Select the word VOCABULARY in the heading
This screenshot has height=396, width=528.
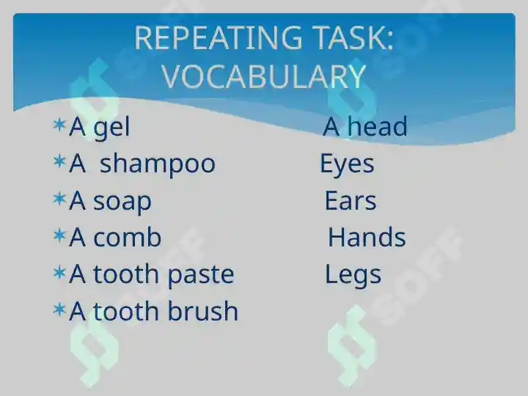point(264,76)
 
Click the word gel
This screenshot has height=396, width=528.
point(111,128)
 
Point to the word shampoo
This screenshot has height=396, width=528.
point(157,165)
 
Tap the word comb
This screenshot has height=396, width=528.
point(128,237)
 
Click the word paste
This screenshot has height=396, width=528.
point(201,275)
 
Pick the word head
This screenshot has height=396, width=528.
point(377,126)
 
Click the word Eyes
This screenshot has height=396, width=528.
point(347,164)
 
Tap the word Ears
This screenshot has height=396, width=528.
point(351,201)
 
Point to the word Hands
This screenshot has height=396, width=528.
point(367,237)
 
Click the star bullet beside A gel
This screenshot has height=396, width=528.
point(59,125)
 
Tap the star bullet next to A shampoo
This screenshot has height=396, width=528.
point(59,161)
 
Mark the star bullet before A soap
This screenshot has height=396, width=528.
point(59,198)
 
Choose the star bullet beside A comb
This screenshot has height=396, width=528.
point(59,235)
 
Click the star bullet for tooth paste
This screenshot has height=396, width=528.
point(59,272)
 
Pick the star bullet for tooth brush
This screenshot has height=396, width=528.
point(59,309)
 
